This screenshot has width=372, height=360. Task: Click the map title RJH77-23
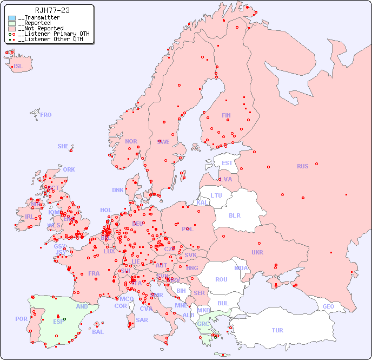click(x=52, y=10)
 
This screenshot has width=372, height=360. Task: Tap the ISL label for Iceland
click(x=18, y=67)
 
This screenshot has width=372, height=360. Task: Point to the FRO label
click(x=46, y=115)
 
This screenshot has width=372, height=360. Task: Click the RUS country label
click(x=302, y=166)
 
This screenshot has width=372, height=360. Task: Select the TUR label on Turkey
click(x=277, y=330)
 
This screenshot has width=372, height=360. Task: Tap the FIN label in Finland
click(x=226, y=115)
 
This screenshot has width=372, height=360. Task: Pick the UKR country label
click(x=257, y=252)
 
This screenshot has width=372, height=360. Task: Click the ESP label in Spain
click(x=58, y=321)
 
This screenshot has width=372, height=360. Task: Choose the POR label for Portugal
click(x=21, y=319)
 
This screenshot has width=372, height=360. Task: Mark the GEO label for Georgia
click(x=328, y=306)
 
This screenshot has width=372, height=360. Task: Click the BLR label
click(x=235, y=215)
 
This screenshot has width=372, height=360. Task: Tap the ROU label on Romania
click(x=221, y=279)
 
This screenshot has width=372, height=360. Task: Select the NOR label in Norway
click(x=131, y=141)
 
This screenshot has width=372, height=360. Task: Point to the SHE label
click(x=63, y=146)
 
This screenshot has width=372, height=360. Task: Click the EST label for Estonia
click(x=227, y=163)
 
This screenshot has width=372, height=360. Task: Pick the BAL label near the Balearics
click(x=98, y=332)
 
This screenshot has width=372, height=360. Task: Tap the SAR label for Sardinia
click(x=142, y=320)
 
